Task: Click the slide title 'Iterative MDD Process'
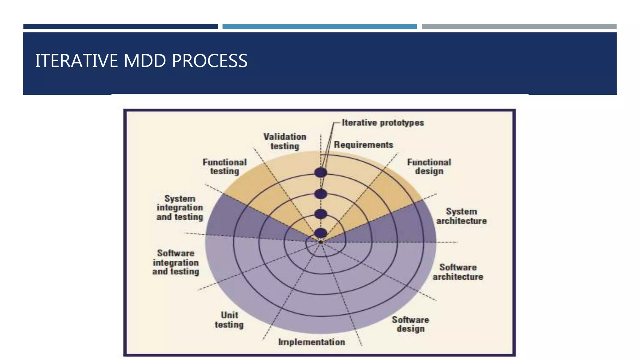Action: tap(141, 61)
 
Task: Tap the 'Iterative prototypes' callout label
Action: tap(383, 122)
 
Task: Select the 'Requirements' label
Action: tap(363, 145)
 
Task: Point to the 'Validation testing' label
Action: tap(285, 141)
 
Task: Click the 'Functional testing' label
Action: tap(225, 167)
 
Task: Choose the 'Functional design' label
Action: tap(429, 167)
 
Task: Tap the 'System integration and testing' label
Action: tap(180, 208)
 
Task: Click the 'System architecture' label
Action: tap(461, 216)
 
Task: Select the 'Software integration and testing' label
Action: tap(176, 262)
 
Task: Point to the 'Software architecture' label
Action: tap(458, 272)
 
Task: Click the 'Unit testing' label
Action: tap(229, 320)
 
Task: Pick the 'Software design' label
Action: tap(410, 324)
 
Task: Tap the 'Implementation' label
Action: tap(312, 342)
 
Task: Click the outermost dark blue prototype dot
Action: tap(321, 172)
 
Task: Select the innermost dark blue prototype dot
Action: tap(321, 233)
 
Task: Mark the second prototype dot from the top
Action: tap(321, 194)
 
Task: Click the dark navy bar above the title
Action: tap(120, 27)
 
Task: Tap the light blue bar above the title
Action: tap(319, 27)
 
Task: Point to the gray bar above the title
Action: tap(519, 27)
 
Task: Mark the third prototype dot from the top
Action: tap(321, 214)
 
